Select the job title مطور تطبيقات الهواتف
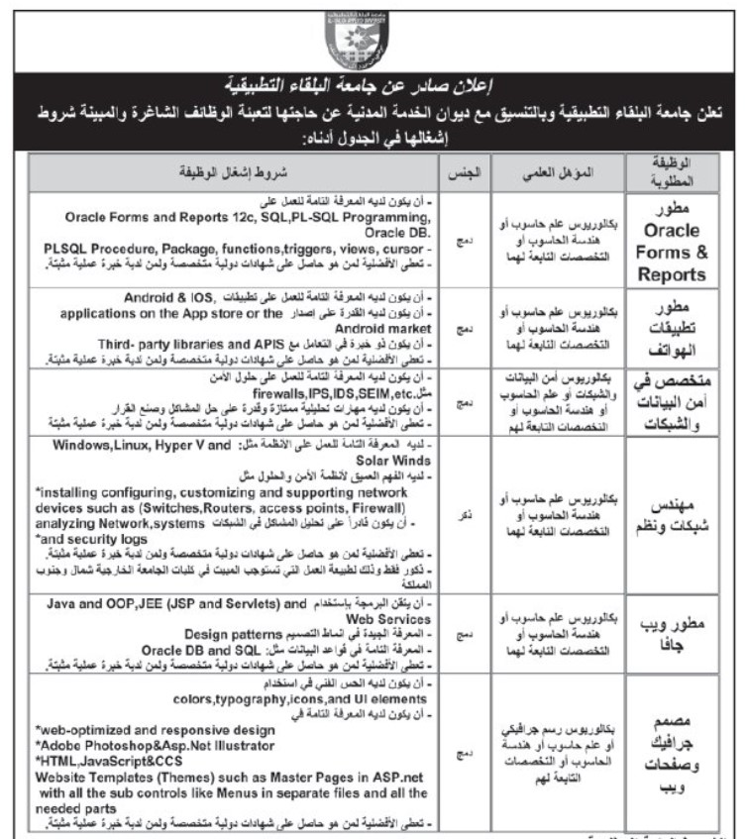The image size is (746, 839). [674, 327]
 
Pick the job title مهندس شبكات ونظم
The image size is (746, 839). [674, 515]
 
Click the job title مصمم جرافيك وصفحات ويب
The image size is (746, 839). [674, 751]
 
